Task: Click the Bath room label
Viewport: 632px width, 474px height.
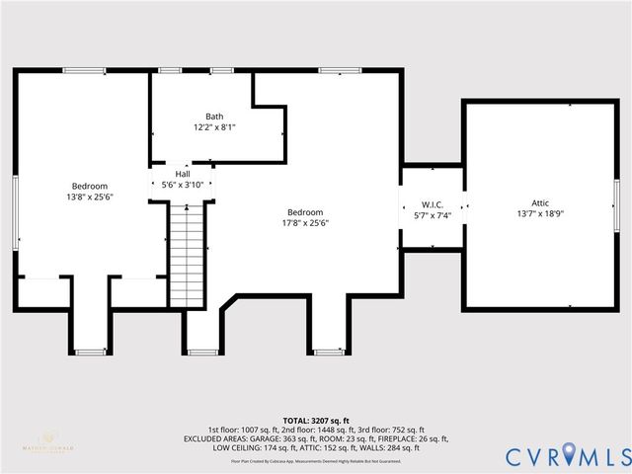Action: click(x=213, y=117)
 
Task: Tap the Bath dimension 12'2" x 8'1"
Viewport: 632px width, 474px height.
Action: click(x=213, y=127)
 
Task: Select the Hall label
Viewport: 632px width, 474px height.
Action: click(x=182, y=173)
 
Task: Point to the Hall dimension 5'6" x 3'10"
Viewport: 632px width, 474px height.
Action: click(x=182, y=184)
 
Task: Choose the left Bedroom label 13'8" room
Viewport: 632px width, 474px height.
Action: click(x=89, y=186)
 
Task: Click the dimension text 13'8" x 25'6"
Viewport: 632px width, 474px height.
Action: click(x=89, y=197)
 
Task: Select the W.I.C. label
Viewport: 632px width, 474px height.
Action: click(x=432, y=203)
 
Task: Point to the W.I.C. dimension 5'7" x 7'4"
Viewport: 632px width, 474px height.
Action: click(x=432, y=214)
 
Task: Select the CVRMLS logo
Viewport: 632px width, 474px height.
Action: click(x=567, y=456)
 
